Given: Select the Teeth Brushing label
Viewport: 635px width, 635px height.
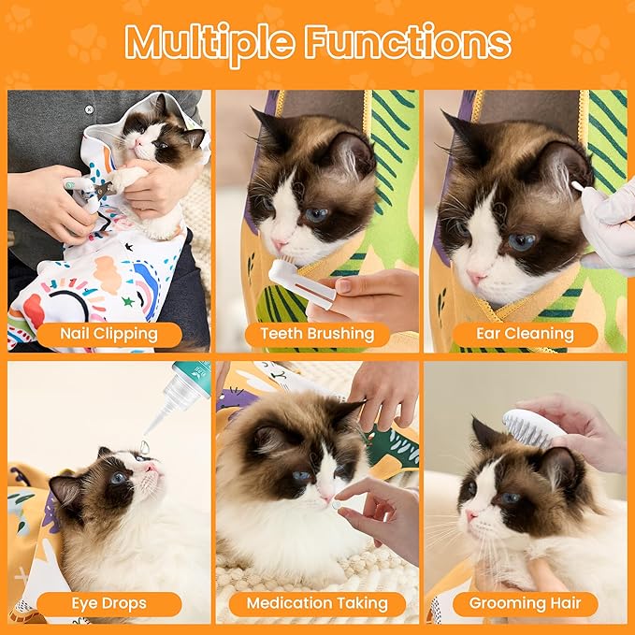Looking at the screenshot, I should pos(316,334).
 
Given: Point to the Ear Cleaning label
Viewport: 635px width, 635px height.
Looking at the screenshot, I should pos(525,334).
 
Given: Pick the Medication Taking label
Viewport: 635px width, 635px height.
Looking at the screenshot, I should pos(316,603).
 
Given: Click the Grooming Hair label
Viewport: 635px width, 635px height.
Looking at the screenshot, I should pos(525,603).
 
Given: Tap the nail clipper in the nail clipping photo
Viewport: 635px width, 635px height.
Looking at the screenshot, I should pos(90,188).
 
